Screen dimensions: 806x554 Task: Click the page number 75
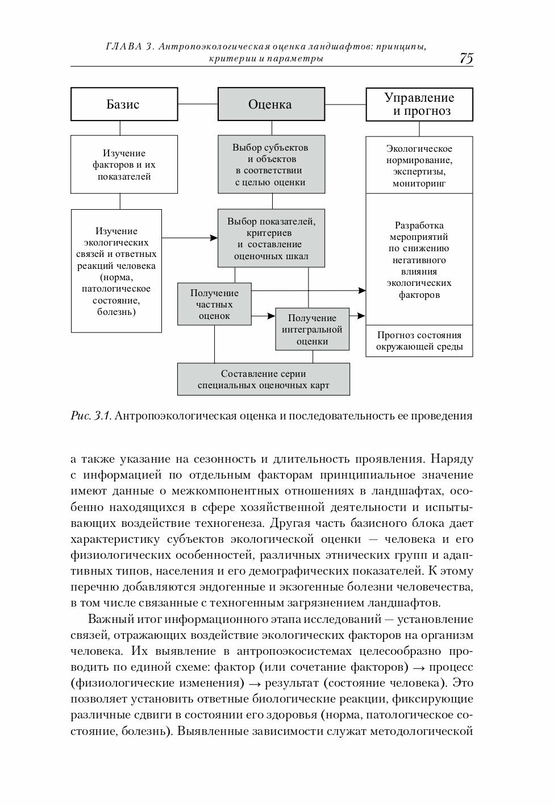(466, 59)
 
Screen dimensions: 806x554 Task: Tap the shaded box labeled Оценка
(271, 104)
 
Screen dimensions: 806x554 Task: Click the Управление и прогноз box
(419, 105)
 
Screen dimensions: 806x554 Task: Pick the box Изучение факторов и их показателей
(124, 165)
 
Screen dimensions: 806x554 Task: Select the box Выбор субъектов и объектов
(271, 165)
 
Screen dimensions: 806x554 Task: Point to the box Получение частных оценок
(214, 305)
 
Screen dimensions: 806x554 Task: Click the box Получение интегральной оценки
(312, 330)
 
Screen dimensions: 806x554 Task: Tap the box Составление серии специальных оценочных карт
(263, 380)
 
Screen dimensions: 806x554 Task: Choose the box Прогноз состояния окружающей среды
(419, 341)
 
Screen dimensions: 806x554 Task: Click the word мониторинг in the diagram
(419, 184)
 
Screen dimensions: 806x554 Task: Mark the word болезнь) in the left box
(116, 312)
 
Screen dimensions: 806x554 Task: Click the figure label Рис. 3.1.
(91, 416)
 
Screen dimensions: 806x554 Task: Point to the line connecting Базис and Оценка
(198, 104)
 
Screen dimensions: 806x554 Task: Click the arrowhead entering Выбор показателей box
(215, 238)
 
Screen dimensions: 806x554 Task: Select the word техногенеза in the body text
(234, 524)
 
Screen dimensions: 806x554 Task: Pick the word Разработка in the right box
(419, 225)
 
